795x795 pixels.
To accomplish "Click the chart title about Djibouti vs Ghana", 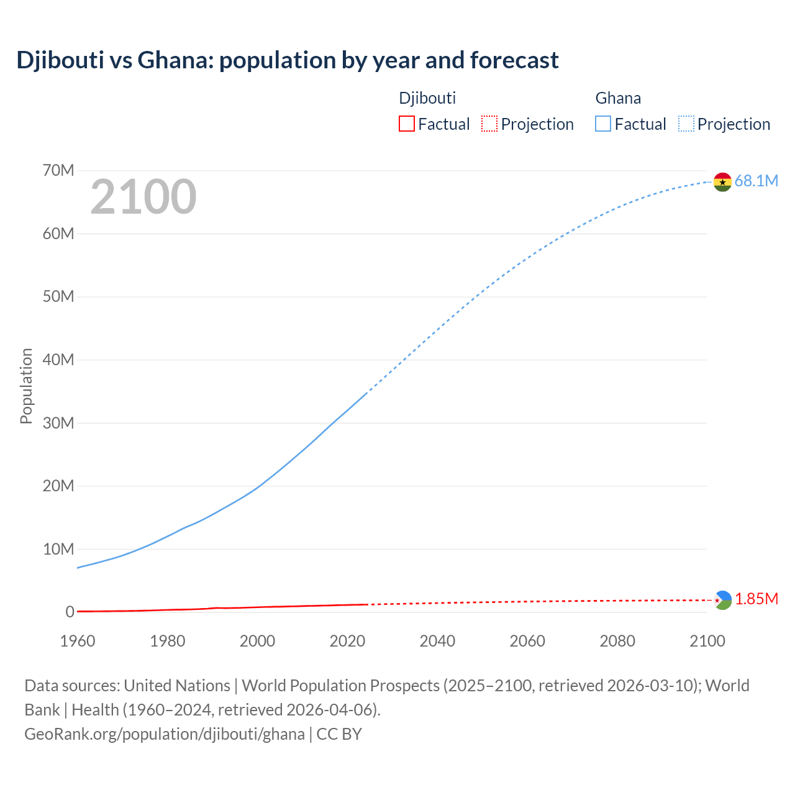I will tap(288, 60).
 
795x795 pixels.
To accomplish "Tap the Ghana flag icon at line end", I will tap(722, 182).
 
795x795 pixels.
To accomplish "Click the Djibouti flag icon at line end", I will tap(722, 600).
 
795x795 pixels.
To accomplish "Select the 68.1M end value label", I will tap(756, 181).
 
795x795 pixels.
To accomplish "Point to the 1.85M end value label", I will tap(756, 599).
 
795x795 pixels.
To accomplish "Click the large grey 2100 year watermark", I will tap(143, 197).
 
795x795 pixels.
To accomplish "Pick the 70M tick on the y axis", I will tap(58, 170).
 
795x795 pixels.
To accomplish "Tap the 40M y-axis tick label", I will tap(58, 360).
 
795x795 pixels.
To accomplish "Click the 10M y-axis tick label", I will tap(58, 549).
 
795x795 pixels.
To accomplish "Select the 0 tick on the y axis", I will tap(70, 612).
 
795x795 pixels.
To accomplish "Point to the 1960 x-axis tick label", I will tap(78, 641).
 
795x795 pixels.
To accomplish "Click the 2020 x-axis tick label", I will tap(347, 641).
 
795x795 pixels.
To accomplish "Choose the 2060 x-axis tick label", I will tap(527, 641).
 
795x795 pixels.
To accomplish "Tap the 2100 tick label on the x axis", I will tap(707, 641).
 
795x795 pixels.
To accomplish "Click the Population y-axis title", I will tap(26, 386).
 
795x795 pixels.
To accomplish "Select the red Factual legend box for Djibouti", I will tap(407, 124).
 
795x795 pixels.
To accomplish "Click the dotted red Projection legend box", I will tap(489, 124).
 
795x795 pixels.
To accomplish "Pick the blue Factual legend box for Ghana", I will tap(603, 124).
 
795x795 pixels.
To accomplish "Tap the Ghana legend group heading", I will tap(618, 98).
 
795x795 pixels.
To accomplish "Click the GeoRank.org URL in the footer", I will tap(165, 734).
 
